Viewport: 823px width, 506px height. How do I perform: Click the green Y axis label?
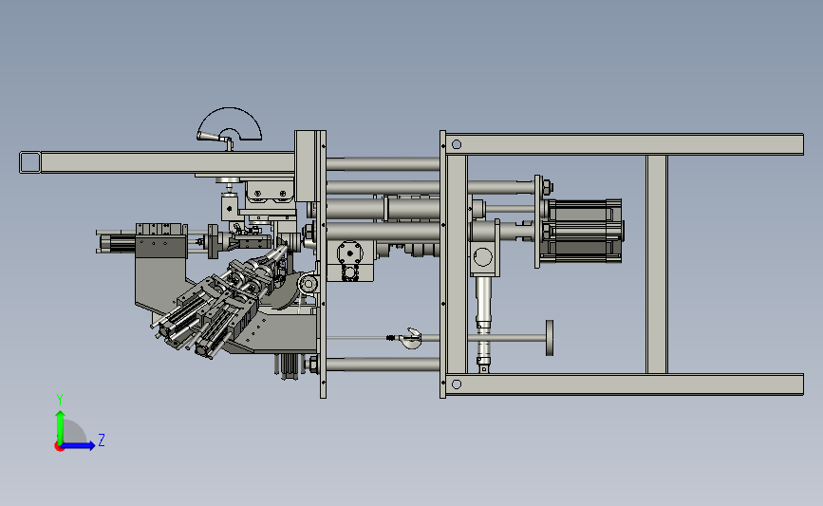pyautogui.click(x=60, y=400)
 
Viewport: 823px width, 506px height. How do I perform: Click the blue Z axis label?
pyautogui.click(x=102, y=440)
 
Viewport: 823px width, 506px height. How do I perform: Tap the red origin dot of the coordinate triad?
pyautogui.click(x=59, y=447)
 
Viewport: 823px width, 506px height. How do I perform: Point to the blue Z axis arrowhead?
pyautogui.click(x=91, y=445)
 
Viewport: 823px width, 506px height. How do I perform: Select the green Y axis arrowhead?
pyautogui.click(x=61, y=416)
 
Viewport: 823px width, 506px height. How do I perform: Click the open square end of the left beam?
pyautogui.click(x=30, y=162)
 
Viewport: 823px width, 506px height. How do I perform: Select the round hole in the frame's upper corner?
pyautogui.click(x=456, y=144)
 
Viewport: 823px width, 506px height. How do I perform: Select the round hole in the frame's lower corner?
pyautogui.click(x=456, y=384)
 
